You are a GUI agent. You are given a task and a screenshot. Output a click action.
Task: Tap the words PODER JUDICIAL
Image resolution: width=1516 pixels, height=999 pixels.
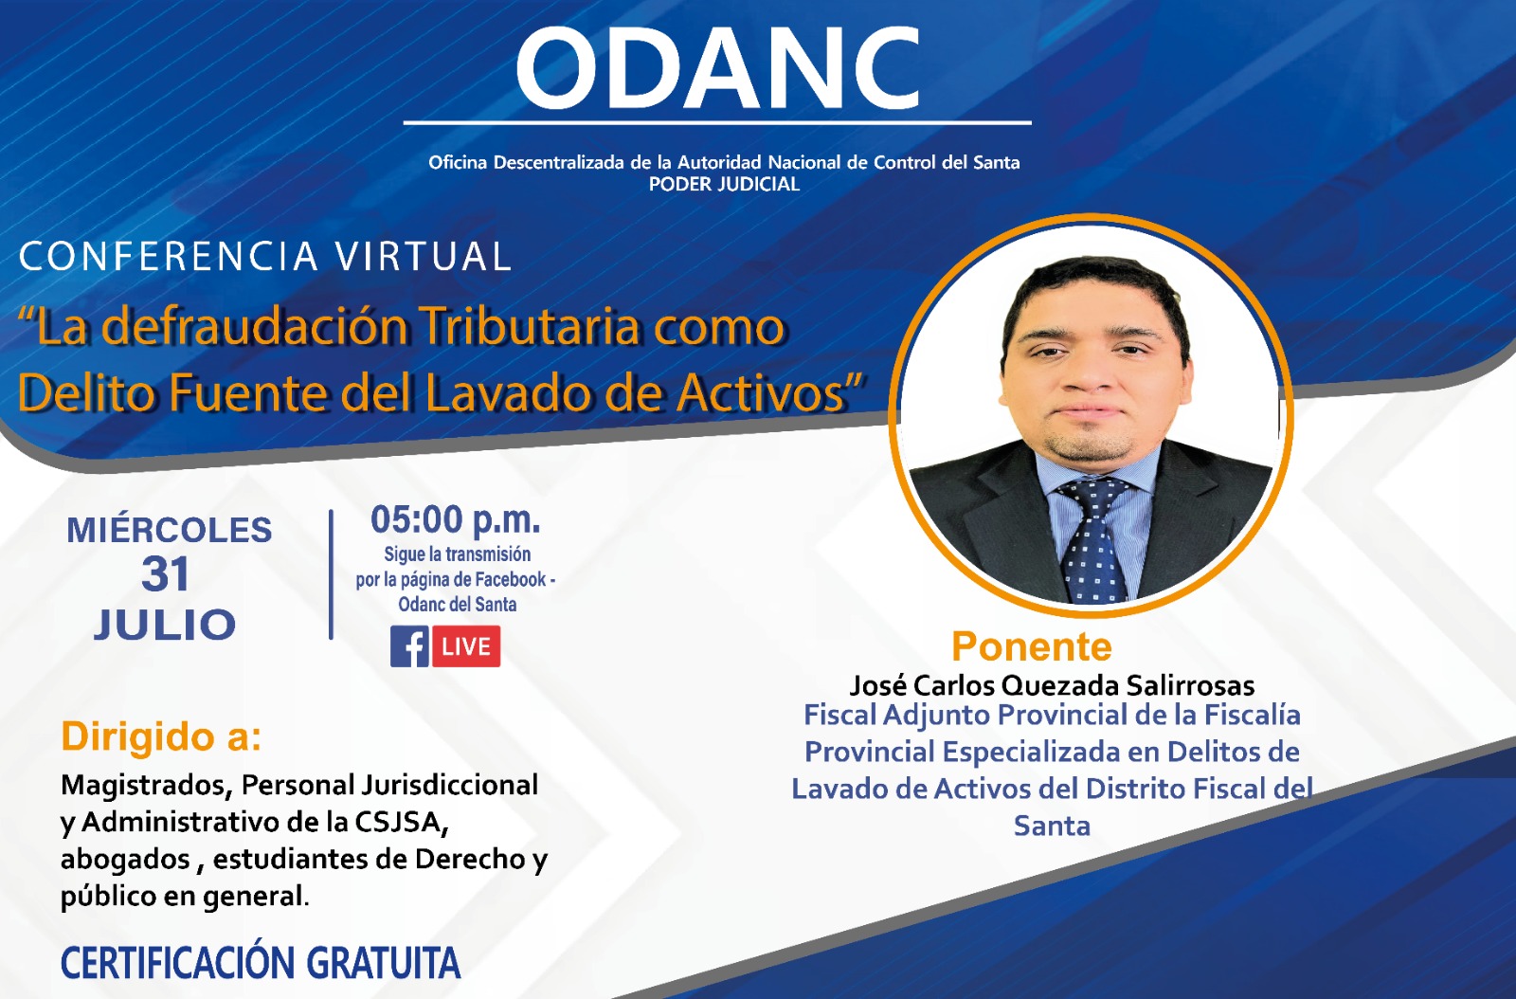(x=724, y=184)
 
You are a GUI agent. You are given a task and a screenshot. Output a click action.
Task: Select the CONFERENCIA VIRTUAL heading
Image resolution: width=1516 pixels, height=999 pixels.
(x=264, y=256)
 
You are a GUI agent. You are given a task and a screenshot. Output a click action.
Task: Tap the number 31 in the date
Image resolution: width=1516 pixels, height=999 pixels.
(x=165, y=574)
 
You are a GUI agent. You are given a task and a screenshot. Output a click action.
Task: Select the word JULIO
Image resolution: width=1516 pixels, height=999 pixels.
(x=165, y=624)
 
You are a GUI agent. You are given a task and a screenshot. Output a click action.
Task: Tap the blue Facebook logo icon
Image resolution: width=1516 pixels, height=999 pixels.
(x=409, y=646)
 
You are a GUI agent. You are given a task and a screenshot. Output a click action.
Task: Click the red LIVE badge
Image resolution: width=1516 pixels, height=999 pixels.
(x=466, y=646)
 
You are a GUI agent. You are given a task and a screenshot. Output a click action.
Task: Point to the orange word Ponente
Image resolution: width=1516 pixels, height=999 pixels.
(x=1032, y=646)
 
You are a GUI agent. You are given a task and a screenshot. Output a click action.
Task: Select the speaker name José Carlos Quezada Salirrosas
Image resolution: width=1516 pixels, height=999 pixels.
(x=1052, y=685)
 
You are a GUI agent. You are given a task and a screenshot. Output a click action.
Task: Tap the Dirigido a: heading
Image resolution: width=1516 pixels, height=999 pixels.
(x=161, y=736)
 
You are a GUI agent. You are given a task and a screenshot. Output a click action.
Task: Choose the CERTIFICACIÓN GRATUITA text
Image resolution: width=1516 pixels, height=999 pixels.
(x=261, y=962)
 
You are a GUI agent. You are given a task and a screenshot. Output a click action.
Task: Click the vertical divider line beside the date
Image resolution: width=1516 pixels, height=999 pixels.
(x=331, y=574)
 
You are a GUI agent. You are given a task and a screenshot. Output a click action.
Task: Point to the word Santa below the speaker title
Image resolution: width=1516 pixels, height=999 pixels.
(x=1052, y=826)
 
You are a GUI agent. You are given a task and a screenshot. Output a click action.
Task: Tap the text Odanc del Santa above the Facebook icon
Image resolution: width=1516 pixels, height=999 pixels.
(x=457, y=605)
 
